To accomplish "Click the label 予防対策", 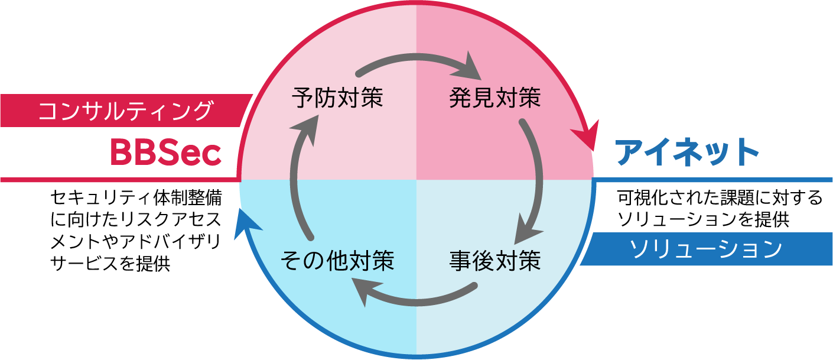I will [x=337, y=98].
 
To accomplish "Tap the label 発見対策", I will [x=494, y=98].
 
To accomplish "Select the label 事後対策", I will [x=494, y=260].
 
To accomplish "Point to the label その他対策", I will [x=337, y=260].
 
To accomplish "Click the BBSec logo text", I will [x=165, y=153].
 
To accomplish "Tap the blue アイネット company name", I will [x=686, y=153].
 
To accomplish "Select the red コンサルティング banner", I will [x=124, y=111].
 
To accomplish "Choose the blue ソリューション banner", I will [x=706, y=249].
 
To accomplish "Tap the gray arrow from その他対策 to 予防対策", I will [x=298, y=177].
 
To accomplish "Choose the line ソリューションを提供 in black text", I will [x=703, y=220].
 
